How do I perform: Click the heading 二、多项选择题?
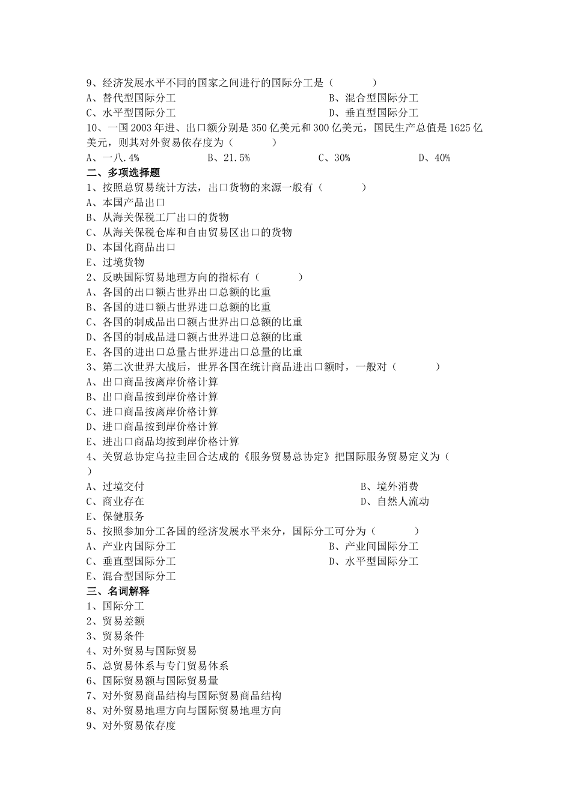pyautogui.click(x=123, y=173)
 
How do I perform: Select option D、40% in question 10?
pyautogui.click(x=434, y=158)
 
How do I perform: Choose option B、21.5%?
pyautogui.click(x=228, y=158)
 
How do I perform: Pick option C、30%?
pyautogui.click(x=334, y=158)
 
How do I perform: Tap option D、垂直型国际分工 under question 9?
pyautogui.click(x=373, y=113)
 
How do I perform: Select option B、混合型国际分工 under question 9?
pyautogui.click(x=373, y=98)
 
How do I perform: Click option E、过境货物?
pyautogui.click(x=115, y=262)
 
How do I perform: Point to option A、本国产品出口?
pyautogui.click(x=126, y=202)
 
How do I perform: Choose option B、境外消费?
pyautogui.click(x=389, y=486)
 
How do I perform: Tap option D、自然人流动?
pyautogui.click(x=394, y=501)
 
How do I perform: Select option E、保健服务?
pyautogui.click(x=115, y=516)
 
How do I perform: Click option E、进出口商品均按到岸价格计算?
pyautogui.click(x=162, y=442)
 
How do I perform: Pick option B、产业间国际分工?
pyautogui.click(x=373, y=546)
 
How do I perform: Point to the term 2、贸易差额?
pyautogui.click(x=115, y=621)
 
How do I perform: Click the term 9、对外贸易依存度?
pyautogui.click(x=131, y=726)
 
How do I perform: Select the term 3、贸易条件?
pyautogui.click(x=115, y=636)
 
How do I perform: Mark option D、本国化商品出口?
pyautogui.click(x=131, y=247)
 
